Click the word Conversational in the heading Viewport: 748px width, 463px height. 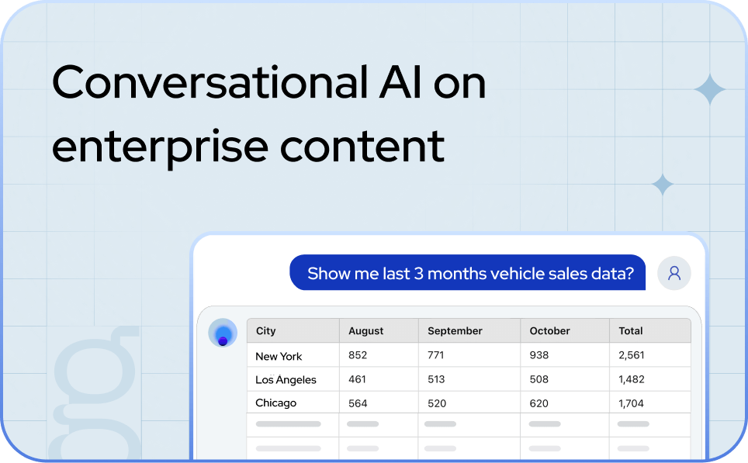click(x=208, y=82)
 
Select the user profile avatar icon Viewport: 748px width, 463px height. click(x=674, y=273)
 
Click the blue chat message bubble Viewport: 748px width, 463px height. click(x=467, y=273)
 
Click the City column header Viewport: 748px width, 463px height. click(x=266, y=330)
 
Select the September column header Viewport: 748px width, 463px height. click(x=455, y=330)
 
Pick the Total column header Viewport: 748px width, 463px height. click(x=631, y=330)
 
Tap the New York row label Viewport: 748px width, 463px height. click(x=279, y=356)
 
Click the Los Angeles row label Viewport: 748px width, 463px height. click(x=286, y=380)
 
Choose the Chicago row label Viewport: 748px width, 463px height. click(x=275, y=403)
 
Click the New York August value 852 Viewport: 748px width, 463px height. click(x=358, y=355)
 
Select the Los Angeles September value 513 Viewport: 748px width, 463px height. click(x=437, y=380)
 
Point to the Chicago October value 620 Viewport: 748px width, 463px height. click(x=538, y=403)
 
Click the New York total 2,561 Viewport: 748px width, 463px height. click(x=633, y=355)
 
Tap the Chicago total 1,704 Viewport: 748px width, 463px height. click(x=633, y=403)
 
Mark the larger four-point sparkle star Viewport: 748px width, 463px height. click(x=709, y=91)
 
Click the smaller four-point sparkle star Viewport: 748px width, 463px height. click(x=662, y=185)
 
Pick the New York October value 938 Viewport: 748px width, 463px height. click(x=538, y=355)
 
